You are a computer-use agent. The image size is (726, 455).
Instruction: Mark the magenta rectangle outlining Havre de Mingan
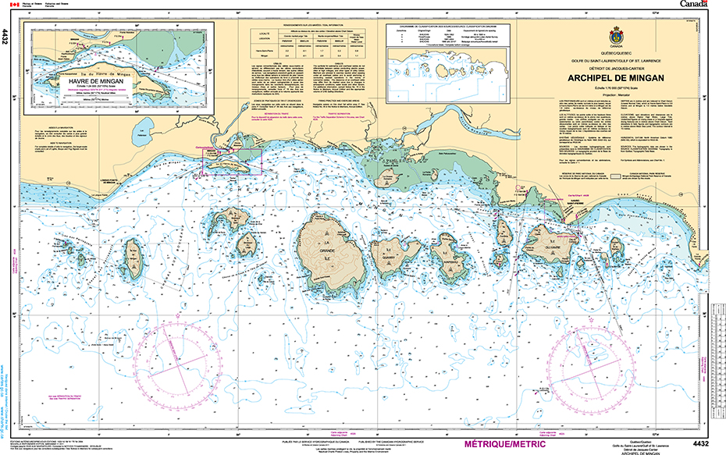pos(232,159)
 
